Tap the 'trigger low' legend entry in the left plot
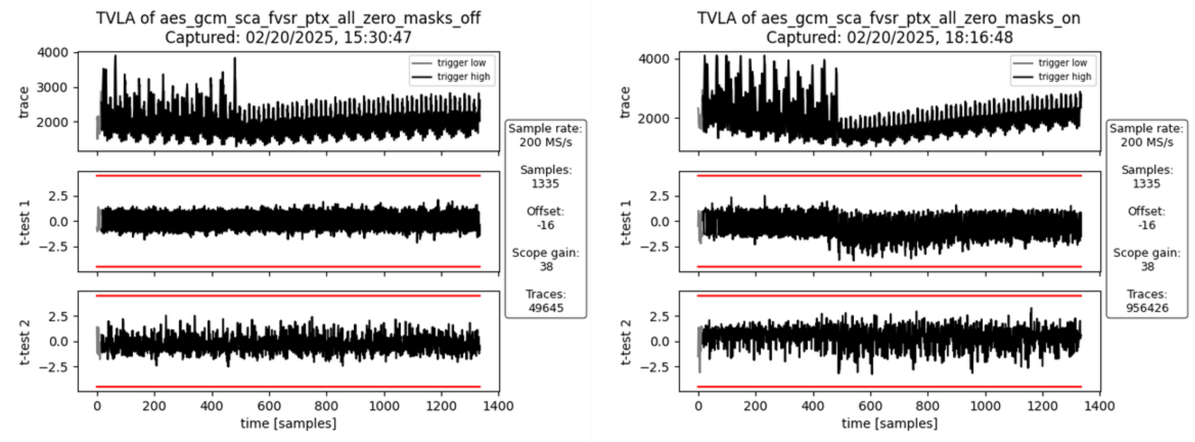(461, 63)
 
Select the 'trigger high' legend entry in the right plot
(1064, 76)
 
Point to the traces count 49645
(545, 308)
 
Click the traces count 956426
(1147, 308)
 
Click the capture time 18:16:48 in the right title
(979, 37)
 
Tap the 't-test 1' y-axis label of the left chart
(25, 222)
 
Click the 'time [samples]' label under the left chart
(288, 424)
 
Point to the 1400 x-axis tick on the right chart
(1099, 406)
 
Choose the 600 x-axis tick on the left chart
(269, 406)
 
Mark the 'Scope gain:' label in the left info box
(545, 252)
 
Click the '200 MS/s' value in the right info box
(1147, 142)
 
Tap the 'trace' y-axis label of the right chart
(624, 102)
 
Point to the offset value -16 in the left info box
(545, 225)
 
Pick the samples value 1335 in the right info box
(1147, 183)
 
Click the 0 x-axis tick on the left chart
(97, 406)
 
